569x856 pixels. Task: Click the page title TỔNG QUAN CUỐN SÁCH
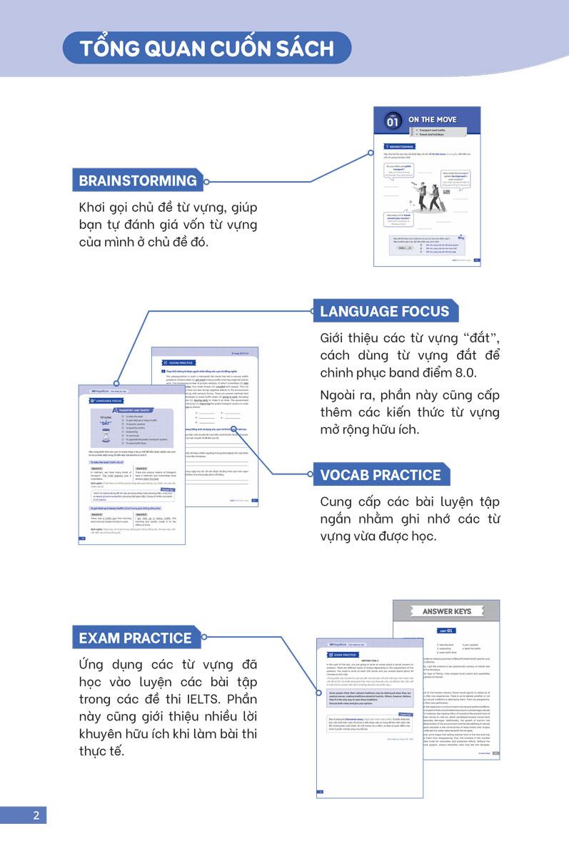(x=206, y=49)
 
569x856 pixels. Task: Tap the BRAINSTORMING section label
(x=138, y=180)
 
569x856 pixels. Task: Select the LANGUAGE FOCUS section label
(x=384, y=311)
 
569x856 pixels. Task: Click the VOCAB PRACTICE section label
(x=381, y=475)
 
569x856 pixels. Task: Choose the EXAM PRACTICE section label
(x=136, y=638)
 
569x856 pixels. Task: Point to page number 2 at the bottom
(x=36, y=815)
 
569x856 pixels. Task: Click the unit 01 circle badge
(x=392, y=121)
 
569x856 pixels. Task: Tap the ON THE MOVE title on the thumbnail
(x=433, y=120)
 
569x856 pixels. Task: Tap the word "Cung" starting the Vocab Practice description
(x=338, y=501)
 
